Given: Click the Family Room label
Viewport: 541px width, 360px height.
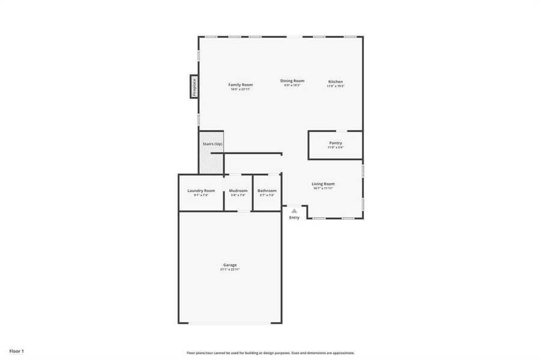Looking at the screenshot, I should tap(240, 85).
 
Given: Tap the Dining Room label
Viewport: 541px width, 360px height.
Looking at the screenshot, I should tap(292, 80).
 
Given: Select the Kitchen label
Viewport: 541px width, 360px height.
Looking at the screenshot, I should tap(335, 81).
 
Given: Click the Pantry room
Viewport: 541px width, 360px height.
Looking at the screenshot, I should tap(335, 145).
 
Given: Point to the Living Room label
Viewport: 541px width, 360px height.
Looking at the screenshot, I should tap(323, 184).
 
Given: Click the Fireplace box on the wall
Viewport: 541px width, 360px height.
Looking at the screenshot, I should tap(194, 86).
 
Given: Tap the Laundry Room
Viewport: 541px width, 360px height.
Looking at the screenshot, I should tap(201, 192).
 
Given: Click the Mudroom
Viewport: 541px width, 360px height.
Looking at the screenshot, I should tap(238, 192).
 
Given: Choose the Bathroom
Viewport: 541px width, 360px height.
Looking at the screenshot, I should tap(267, 192).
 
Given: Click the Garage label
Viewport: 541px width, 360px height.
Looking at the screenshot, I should tap(230, 265).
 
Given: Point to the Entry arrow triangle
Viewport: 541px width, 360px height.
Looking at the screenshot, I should tap(294, 211).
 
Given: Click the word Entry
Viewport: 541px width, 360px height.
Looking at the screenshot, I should tap(294, 217).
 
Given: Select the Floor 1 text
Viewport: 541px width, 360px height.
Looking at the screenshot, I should tap(16, 350).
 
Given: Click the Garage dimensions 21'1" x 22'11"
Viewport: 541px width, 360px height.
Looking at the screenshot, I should tap(230, 269).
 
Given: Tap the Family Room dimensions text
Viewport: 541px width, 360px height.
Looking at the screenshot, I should tap(240, 89).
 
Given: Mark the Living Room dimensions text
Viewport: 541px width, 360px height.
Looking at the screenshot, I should tap(323, 188).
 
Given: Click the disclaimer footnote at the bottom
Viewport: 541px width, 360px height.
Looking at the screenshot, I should tap(270, 353).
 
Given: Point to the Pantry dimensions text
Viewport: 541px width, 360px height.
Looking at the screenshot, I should tap(335, 148).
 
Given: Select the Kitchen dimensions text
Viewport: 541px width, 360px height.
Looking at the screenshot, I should tap(335, 86).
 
